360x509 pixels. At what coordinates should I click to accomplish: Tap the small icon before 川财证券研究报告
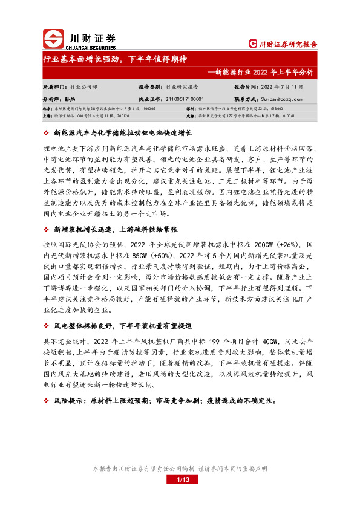(254, 44)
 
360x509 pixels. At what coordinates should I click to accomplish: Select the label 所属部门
(54, 87)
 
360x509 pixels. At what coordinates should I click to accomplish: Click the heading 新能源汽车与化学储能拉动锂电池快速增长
(123, 132)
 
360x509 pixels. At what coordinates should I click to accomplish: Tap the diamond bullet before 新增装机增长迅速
(47, 230)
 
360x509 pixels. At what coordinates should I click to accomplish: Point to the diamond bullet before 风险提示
(47, 400)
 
